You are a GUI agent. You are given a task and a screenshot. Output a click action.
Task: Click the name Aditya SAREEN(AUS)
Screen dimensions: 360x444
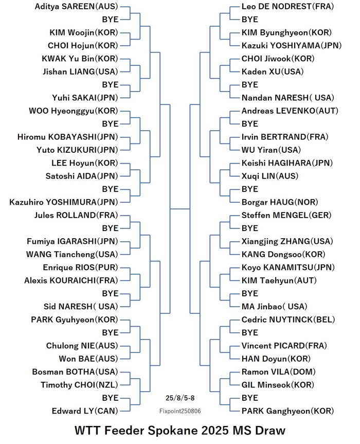(x=76, y=7)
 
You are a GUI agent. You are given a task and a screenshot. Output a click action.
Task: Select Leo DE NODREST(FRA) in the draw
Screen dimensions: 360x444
(x=287, y=7)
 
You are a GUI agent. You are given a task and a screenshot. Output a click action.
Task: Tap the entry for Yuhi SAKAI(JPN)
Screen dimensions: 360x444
(x=85, y=98)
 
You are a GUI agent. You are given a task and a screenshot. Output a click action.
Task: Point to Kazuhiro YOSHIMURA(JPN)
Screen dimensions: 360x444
(x=64, y=202)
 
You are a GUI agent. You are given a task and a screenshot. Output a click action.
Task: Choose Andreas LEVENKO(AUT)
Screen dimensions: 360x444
(x=290, y=111)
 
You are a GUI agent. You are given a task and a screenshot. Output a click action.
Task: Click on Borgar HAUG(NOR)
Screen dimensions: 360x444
(x=280, y=202)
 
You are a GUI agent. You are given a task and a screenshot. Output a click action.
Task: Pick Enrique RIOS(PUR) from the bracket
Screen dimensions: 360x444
(x=80, y=268)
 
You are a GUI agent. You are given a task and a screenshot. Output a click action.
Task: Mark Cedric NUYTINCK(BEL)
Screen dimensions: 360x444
(x=288, y=319)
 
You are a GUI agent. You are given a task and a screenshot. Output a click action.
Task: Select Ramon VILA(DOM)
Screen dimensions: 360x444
(x=279, y=372)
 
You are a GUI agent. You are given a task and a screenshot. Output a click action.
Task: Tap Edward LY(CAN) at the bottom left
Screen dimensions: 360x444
(x=85, y=411)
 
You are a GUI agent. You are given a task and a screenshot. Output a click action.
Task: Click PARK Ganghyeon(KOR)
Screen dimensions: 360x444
(x=287, y=411)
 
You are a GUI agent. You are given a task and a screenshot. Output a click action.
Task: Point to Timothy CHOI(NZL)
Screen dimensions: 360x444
(x=79, y=385)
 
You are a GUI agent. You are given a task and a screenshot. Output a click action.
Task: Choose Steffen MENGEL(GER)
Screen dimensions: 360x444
(x=286, y=215)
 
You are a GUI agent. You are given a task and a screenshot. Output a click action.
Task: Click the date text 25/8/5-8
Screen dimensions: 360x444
(x=180, y=398)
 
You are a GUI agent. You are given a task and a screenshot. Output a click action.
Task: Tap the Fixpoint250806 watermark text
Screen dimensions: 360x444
(x=180, y=411)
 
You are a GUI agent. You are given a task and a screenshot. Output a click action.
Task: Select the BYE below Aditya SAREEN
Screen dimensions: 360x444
(x=110, y=20)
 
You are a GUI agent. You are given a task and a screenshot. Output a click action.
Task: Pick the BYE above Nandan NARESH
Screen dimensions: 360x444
(x=249, y=85)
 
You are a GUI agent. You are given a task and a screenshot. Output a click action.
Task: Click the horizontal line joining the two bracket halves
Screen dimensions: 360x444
(x=179, y=209)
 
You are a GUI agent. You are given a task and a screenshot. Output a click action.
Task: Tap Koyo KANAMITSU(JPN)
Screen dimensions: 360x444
(x=288, y=268)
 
